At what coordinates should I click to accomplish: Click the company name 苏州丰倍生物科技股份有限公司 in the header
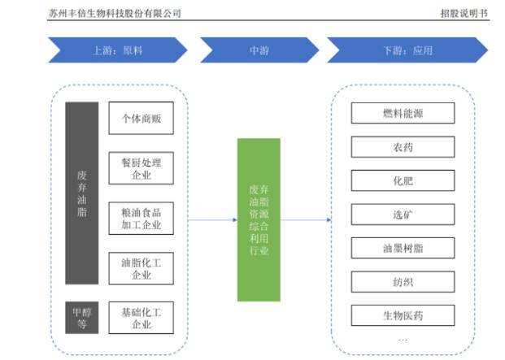coord(115,13)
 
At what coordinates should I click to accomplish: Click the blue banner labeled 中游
coord(259,50)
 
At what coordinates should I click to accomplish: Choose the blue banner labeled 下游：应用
coord(407,50)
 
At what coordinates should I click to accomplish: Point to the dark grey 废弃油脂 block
coord(81,193)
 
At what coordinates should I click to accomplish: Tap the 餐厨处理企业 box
coord(141,168)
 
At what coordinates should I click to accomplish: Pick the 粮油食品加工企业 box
coord(141,218)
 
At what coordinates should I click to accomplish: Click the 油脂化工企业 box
coord(141,268)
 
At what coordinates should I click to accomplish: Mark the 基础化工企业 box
coord(141,318)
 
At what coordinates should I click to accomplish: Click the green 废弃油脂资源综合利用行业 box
coord(259,219)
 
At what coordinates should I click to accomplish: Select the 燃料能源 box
coord(403,113)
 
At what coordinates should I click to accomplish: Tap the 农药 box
coord(403,147)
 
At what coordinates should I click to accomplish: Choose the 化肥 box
coord(403,180)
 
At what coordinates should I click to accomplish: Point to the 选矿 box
coord(403,215)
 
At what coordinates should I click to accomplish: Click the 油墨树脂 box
coord(403,249)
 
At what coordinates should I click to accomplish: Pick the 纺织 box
coord(403,282)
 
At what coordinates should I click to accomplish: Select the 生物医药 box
coord(403,315)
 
